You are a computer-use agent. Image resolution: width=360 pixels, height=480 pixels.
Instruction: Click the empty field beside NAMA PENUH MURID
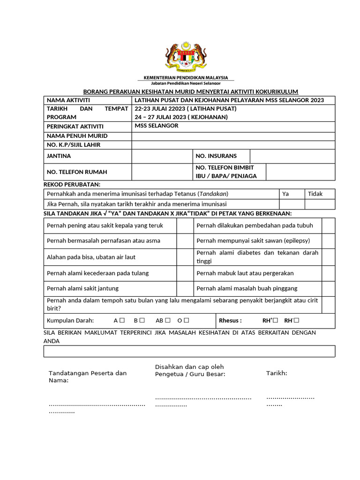[x=233, y=136]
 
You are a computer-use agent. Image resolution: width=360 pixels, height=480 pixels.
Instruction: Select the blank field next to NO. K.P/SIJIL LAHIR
[x=233, y=145]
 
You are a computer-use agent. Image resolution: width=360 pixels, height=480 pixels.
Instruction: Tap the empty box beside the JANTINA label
[x=162, y=156]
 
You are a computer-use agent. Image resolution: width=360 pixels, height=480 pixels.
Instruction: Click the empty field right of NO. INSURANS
[x=292, y=156]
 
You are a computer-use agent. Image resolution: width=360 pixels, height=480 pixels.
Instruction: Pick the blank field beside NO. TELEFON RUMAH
[x=162, y=172]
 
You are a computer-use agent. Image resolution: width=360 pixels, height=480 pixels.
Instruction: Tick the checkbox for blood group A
[x=122, y=321]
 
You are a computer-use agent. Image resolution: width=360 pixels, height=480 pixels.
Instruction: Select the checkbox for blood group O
[x=187, y=321]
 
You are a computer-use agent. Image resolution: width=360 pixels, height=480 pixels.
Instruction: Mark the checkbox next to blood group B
[x=142, y=321]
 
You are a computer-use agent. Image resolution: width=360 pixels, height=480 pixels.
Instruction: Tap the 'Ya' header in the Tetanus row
[x=285, y=194]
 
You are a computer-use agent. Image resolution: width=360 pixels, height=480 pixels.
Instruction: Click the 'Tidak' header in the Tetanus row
[x=315, y=194]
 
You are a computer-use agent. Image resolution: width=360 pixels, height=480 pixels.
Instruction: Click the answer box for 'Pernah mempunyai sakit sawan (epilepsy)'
[x=328, y=240]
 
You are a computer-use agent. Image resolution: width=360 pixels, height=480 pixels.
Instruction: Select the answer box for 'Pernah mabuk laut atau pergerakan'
[x=328, y=273]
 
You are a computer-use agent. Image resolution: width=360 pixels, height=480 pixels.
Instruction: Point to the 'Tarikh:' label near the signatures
[x=277, y=373]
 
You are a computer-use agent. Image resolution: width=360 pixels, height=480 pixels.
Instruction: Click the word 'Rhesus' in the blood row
[x=230, y=321]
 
